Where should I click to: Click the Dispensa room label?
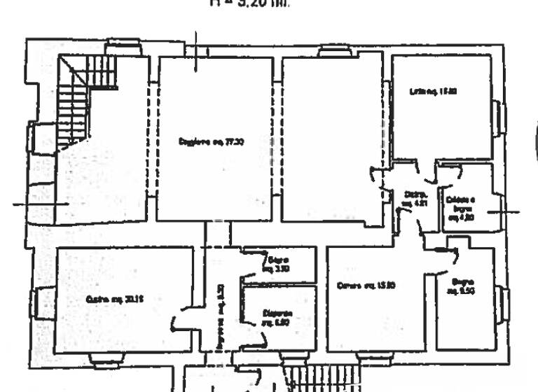[x=278, y=317]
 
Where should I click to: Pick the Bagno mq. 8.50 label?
[x=463, y=286]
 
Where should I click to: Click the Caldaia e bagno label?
[x=460, y=209]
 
